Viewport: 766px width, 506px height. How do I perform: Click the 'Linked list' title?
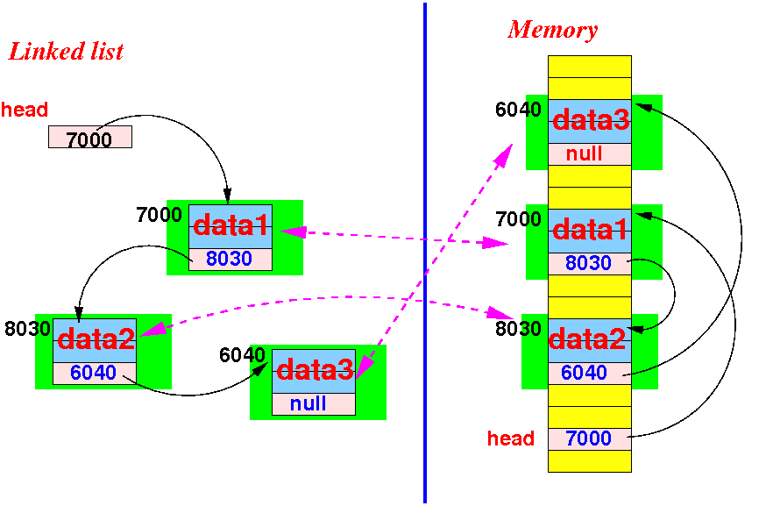click(x=66, y=52)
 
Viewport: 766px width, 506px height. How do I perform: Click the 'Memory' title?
click(x=552, y=31)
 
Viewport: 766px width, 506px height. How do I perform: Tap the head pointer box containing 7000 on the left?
click(x=90, y=137)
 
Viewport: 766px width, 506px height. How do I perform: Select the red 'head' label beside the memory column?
click(x=510, y=438)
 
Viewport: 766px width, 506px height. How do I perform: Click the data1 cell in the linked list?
click(x=231, y=226)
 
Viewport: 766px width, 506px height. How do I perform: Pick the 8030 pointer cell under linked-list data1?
click(x=231, y=259)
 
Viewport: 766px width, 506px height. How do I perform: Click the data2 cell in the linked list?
click(x=95, y=340)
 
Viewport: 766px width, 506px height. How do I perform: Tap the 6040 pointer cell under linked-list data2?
click(x=95, y=374)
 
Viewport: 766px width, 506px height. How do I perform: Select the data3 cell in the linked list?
click(x=314, y=371)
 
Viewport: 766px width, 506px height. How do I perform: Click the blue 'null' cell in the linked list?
click(x=314, y=403)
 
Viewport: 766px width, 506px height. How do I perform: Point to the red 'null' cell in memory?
click(x=590, y=154)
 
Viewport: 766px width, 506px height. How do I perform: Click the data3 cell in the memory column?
click(x=590, y=121)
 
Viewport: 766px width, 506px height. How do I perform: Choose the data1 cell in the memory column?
click(x=590, y=231)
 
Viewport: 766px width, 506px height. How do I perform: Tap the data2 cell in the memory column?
click(x=590, y=341)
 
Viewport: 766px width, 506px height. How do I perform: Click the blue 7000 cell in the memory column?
click(x=590, y=439)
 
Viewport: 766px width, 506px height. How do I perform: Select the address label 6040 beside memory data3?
click(x=518, y=110)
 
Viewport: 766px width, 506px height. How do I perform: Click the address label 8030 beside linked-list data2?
click(x=27, y=329)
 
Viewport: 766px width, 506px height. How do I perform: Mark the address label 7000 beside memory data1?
click(x=518, y=219)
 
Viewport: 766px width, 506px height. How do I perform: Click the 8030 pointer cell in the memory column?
click(x=590, y=263)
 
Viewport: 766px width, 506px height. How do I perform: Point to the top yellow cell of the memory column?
click(x=590, y=67)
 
